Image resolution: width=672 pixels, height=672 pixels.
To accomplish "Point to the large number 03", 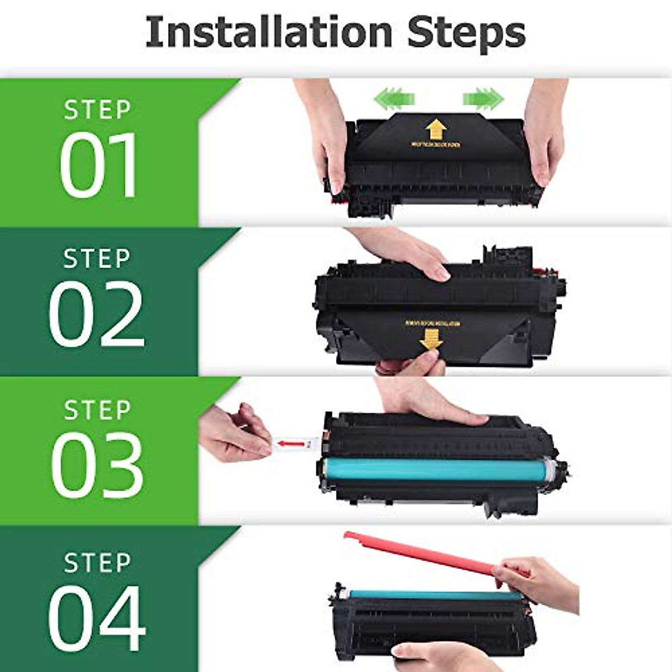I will [97, 464].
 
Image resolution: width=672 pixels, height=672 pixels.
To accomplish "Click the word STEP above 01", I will [97, 110].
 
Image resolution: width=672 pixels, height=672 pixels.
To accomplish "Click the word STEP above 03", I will [97, 410].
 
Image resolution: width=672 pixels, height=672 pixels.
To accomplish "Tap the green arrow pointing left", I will [394, 99].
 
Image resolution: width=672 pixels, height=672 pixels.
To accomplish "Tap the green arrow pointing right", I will [483, 99].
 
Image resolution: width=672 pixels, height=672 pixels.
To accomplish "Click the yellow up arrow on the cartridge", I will [435, 130].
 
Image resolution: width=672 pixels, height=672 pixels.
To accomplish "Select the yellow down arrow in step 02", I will [430, 338].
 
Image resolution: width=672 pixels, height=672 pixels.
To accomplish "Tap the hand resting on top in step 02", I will [403, 252].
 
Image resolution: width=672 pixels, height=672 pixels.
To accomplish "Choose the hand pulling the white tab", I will [232, 434].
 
